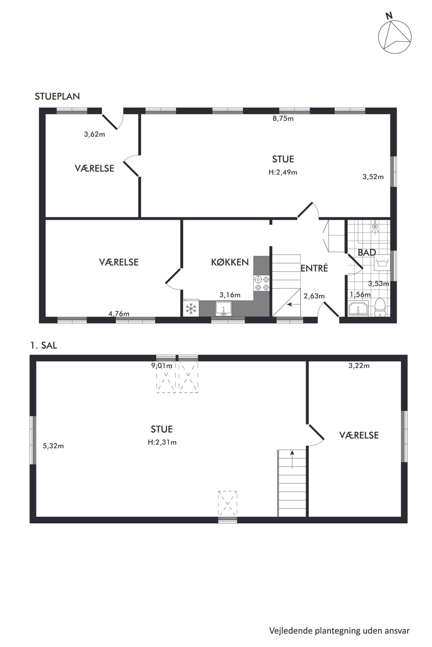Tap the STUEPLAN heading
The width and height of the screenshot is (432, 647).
(57, 96)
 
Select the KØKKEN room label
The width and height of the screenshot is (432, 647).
(230, 262)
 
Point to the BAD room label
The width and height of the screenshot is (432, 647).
(367, 252)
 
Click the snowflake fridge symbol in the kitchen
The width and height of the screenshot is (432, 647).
(191, 308)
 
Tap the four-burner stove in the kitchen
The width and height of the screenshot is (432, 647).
(262, 283)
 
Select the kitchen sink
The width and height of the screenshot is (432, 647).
(224, 308)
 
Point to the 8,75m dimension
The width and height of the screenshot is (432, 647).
(283, 118)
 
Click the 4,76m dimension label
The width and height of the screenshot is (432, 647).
(119, 313)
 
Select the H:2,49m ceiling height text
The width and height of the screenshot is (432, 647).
(283, 172)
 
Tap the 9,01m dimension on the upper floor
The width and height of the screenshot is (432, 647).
(162, 366)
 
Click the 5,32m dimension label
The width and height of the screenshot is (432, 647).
(53, 446)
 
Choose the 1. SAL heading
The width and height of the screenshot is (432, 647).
(44, 345)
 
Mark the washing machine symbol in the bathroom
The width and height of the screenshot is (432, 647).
(382, 263)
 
